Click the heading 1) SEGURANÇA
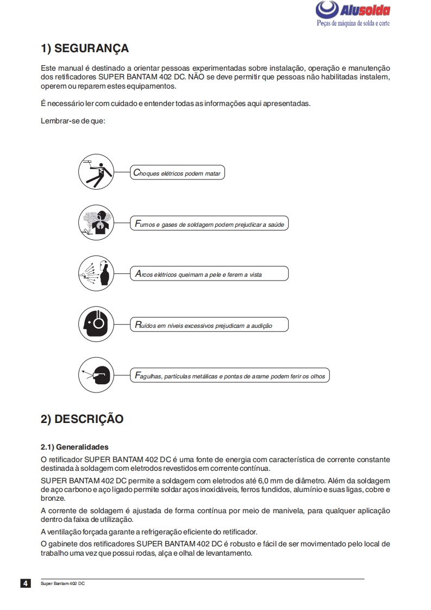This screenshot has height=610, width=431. point(85,48)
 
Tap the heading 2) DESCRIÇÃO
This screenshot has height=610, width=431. point(82,419)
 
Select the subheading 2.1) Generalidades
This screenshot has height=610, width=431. point(74,447)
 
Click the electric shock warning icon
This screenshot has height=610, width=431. point(96,173)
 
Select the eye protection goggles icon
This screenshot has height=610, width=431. point(96,375)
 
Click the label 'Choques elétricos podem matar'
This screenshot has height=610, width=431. point(177,173)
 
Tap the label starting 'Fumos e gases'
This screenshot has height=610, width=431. point(209,224)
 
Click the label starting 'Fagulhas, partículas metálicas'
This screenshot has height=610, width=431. point(229,376)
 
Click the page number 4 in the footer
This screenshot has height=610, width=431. point(26,583)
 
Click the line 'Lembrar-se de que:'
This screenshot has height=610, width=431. point(73,121)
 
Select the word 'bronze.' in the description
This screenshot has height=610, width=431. point(53,498)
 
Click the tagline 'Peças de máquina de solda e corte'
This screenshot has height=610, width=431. point(353,23)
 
